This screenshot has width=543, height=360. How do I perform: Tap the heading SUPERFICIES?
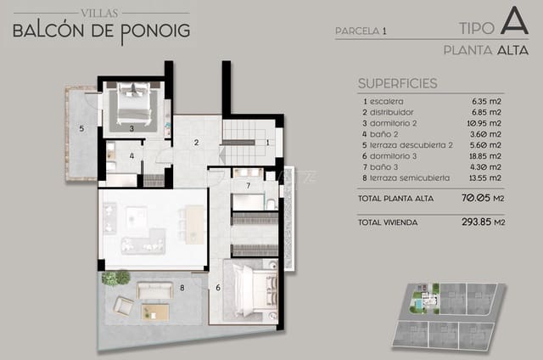pos(398,83)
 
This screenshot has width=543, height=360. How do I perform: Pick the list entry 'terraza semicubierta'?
pos(405,178)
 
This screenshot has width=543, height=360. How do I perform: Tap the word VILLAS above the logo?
pos(101,12)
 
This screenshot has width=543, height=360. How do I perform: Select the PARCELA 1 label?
pos(361,31)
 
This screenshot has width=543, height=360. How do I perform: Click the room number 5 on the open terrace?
pos(81,129)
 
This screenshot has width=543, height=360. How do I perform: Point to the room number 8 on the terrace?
pos(182,288)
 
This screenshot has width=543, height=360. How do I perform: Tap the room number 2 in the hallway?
pos(196,142)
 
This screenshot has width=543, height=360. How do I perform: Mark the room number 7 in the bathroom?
pos(247,185)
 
